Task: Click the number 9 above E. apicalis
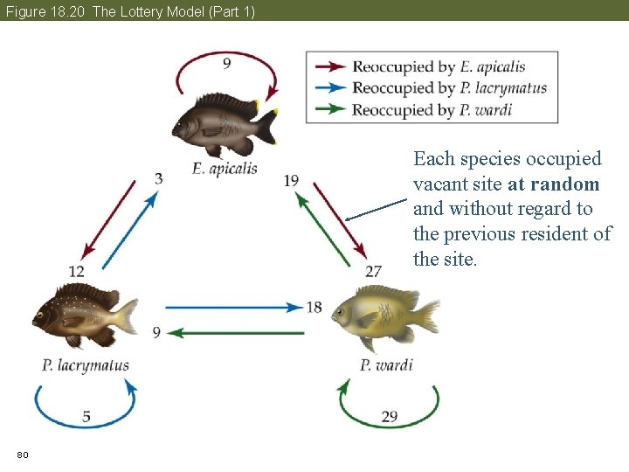(x=226, y=62)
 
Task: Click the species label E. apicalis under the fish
(x=225, y=168)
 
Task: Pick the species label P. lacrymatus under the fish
(x=85, y=365)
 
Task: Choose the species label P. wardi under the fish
(x=386, y=364)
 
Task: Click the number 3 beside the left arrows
(x=158, y=179)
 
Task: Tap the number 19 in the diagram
(x=291, y=181)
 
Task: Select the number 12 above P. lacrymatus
(x=77, y=272)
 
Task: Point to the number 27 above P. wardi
(x=373, y=271)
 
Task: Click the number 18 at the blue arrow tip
(x=314, y=307)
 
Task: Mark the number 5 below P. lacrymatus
(x=86, y=416)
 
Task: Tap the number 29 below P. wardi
(x=390, y=416)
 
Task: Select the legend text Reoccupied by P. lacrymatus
(x=449, y=87)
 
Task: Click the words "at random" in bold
(x=553, y=184)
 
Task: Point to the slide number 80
(x=23, y=455)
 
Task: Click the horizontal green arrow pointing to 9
(x=236, y=332)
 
